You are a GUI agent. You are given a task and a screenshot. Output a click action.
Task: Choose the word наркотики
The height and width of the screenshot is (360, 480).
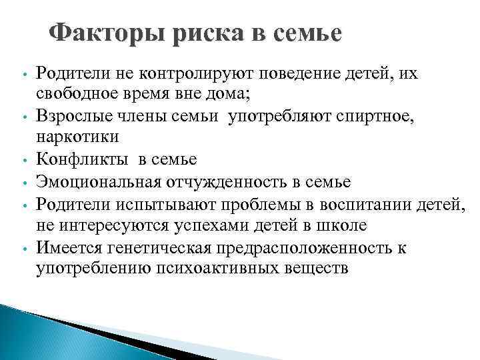pos(77,138)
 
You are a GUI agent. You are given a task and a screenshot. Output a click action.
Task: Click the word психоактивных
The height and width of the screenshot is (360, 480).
pos(217,269)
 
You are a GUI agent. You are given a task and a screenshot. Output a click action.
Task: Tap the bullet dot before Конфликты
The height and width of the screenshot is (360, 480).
pos(23,161)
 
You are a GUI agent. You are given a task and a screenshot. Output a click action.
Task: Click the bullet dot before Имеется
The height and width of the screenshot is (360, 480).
pos(23,249)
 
